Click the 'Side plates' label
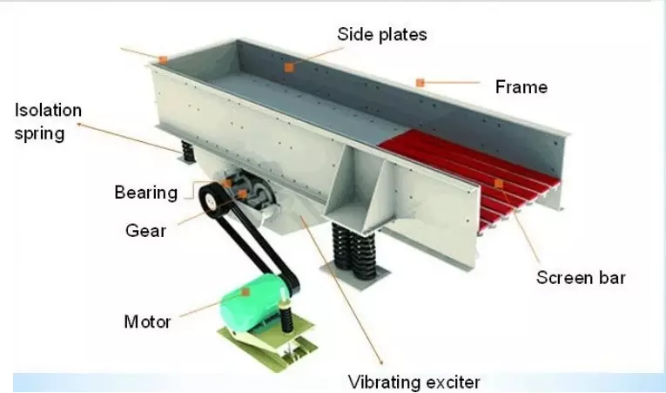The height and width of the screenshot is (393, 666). coord(382,35)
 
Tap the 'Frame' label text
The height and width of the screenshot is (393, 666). coord(521,87)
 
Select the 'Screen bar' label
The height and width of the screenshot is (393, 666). coord(581,278)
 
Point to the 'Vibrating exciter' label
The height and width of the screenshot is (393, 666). coord(414,382)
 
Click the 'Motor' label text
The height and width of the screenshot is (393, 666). coord(147,322)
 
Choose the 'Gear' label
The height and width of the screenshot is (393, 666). coord(145,231)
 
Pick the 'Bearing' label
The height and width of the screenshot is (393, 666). coord(145,193)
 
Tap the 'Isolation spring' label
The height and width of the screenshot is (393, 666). coord(48,122)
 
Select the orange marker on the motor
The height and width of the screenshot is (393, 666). coord(246,292)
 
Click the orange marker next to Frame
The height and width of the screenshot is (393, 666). coord(420,83)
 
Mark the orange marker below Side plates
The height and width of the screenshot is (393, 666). coord(289,67)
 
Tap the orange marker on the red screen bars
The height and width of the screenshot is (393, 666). coord(499,184)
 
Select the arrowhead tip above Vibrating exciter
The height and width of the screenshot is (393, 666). coord(382,364)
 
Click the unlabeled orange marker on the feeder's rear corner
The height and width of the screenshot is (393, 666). coord(163,60)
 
